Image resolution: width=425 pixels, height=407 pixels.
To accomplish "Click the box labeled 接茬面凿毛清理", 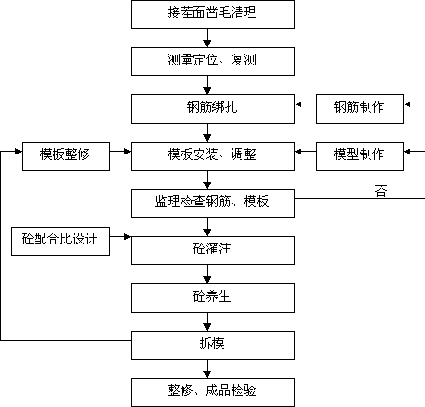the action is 212,15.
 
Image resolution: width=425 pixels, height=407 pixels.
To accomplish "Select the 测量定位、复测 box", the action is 212,62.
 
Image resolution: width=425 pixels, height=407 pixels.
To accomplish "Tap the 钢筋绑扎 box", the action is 212,109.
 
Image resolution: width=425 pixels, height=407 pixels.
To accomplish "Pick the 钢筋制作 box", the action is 360,109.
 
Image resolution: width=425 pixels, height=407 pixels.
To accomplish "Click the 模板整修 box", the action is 65,156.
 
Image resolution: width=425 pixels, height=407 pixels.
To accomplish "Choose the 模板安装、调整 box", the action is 212,156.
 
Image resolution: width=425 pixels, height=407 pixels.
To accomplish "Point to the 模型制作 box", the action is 360,156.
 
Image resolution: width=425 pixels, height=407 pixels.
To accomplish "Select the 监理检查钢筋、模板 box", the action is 212,203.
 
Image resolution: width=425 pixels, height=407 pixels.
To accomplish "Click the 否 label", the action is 381,192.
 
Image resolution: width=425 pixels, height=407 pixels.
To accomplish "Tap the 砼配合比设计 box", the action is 60,242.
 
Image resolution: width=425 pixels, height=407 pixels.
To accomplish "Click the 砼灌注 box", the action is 212,251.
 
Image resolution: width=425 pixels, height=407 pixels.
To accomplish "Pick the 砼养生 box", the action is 212,298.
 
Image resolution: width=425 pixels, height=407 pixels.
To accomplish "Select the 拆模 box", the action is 212,345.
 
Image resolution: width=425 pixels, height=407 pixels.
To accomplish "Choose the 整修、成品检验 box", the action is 212,392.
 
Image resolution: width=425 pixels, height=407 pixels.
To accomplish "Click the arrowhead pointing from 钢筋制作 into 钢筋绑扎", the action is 299,104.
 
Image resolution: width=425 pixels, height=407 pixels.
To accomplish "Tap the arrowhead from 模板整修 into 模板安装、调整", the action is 127,152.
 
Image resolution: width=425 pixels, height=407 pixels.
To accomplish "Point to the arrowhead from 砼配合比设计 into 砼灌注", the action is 127,237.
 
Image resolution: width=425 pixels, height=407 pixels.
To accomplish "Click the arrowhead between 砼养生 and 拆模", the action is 207,327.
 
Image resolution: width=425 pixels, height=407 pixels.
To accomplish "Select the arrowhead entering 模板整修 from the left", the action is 18,152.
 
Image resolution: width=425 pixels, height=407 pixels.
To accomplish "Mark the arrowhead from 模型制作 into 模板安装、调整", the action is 299,152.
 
